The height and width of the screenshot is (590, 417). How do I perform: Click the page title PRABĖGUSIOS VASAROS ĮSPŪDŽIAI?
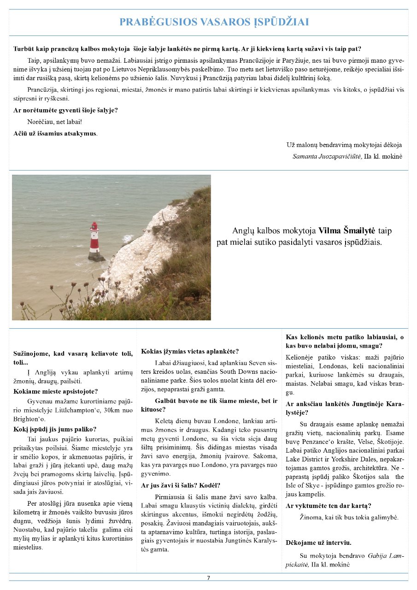tap(214, 22)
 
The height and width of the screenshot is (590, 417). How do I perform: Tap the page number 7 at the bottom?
tap(208, 578)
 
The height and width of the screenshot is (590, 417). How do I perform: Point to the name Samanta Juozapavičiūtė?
tap(327, 156)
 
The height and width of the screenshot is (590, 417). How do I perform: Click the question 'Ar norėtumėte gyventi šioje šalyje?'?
tap(65, 111)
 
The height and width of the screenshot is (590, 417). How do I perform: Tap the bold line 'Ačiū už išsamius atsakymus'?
tap(55, 133)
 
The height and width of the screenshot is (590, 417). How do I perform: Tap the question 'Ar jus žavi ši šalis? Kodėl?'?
tap(181, 485)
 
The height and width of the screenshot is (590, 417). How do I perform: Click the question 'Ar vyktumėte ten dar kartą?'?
tap(329, 506)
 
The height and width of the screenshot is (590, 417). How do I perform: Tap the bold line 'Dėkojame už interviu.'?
tap(318, 543)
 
